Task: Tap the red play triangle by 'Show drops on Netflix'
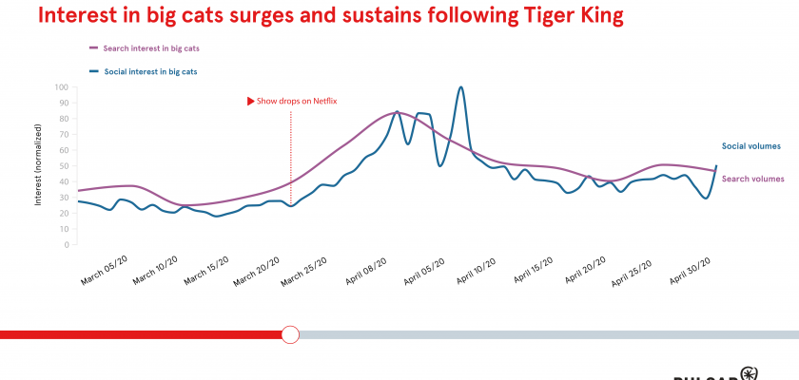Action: (x=251, y=100)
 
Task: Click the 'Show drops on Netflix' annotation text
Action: (x=297, y=100)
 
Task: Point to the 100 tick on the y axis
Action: (x=61, y=87)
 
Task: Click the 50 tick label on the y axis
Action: (x=63, y=166)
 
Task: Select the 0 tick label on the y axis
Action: (x=66, y=244)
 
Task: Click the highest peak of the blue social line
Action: (x=460, y=87)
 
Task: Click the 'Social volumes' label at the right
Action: (x=751, y=145)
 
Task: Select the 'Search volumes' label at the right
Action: (x=753, y=179)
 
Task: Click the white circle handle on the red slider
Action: (x=291, y=334)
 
